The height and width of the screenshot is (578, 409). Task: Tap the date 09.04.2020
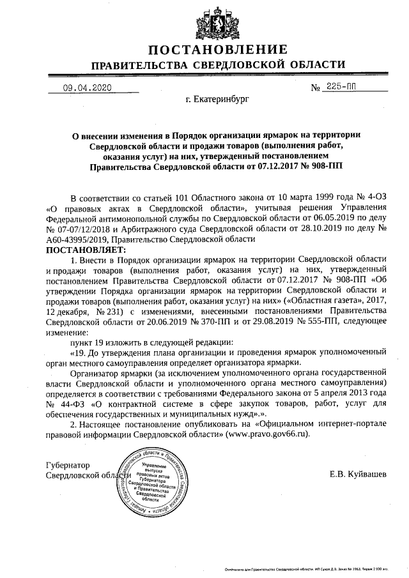pos(87,90)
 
